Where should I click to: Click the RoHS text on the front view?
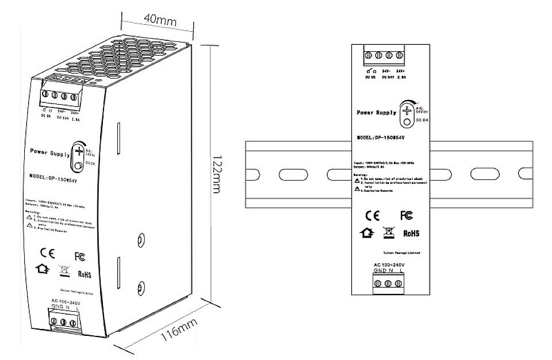[x=411, y=234]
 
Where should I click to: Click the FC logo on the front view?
[x=407, y=216]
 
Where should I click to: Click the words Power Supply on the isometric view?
[x=50, y=152]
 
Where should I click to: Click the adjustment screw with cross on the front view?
[x=407, y=109]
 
